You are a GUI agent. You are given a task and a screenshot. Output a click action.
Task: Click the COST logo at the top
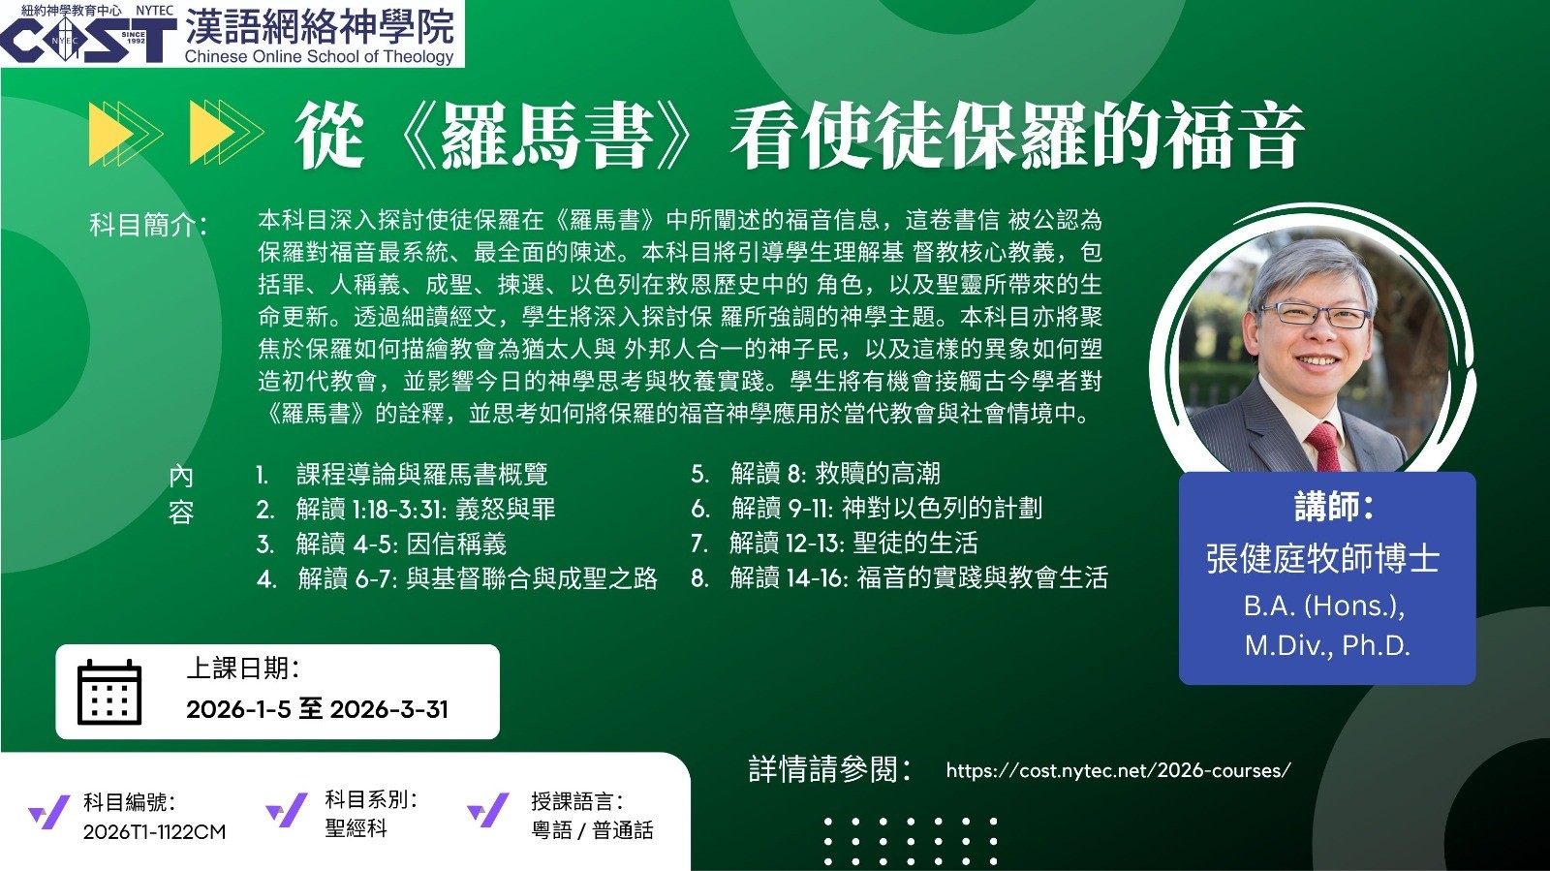[88, 40]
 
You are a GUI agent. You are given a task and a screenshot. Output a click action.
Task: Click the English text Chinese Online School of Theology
[319, 57]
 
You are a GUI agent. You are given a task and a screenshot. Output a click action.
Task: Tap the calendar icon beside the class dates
[109, 692]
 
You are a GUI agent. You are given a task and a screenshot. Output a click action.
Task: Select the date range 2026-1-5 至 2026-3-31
[317, 709]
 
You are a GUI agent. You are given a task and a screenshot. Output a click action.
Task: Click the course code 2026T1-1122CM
[154, 831]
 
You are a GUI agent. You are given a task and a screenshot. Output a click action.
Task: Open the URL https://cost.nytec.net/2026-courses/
[1118, 770]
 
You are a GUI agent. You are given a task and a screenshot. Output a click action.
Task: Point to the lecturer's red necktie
[1323, 447]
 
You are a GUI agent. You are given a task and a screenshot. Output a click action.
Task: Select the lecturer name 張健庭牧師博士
[1323, 559]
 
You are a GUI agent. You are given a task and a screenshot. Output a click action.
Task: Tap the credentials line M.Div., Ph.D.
[1327, 645]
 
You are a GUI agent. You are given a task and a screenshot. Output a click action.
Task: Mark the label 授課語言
[577, 802]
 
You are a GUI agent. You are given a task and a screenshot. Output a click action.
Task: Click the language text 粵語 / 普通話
[592, 830]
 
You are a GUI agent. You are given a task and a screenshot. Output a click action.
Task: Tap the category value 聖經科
[356, 828]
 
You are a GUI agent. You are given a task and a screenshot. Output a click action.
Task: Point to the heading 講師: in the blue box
[1333, 507]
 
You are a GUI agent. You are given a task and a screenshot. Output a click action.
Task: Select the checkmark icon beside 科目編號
[49, 812]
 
